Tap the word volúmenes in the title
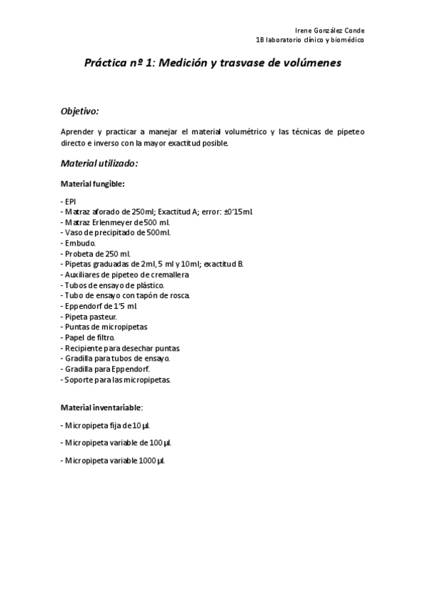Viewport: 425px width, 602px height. coord(310,62)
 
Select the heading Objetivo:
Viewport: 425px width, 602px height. coord(79,111)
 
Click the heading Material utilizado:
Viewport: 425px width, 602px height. coord(99,163)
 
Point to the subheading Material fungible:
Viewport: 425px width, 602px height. coord(93,184)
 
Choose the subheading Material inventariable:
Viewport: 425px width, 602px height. coord(102,407)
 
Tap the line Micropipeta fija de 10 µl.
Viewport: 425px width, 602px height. coord(105,425)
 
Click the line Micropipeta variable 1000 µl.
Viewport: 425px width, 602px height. coord(113,461)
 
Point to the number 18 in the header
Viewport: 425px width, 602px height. coord(260,41)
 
